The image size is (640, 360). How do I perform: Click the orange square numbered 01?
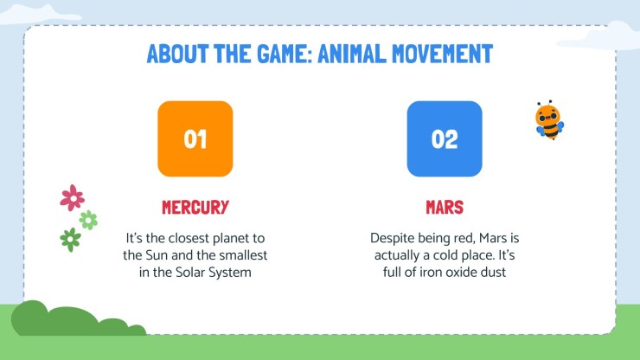click(195, 138)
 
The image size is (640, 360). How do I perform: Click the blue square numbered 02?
click(444, 138)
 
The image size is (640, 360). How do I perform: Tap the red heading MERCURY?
click(195, 208)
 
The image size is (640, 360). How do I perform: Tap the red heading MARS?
click(445, 208)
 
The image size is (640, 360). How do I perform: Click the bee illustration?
click(548, 120)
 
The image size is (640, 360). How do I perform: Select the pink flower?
click(72, 197)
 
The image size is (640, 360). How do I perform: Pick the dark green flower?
click(70, 239)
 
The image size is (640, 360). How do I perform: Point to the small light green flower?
click(88, 220)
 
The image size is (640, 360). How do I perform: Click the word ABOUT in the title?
click(176, 55)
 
